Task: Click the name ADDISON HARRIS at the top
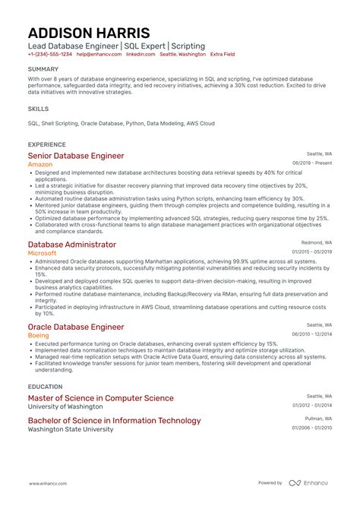point(89,33)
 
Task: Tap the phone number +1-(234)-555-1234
point(50,55)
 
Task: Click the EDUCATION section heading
point(44,386)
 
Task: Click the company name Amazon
point(40,164)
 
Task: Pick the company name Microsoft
point(42,254)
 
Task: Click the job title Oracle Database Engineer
point(75,327)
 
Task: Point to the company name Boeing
point(39,336)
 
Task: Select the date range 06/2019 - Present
point(312,163)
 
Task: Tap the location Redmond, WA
point(317,242)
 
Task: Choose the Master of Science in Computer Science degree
point(100,398)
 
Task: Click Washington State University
point(71,429)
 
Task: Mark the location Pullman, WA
point(318,418)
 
